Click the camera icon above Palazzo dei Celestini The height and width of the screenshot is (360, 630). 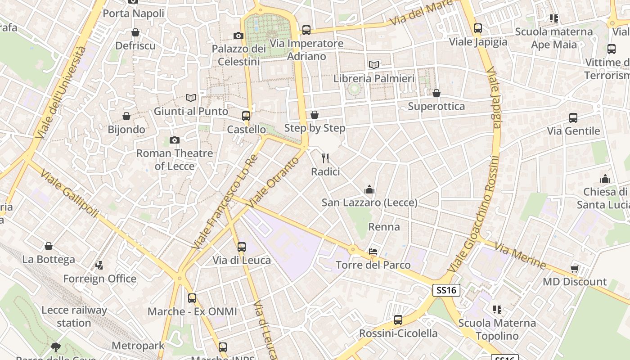(238, 36)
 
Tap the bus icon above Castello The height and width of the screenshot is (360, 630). (246, 116)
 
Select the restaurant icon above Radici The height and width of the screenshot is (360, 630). (326, 158)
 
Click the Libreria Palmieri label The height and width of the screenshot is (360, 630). (373, 78)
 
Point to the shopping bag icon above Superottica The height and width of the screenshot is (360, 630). (436, 93)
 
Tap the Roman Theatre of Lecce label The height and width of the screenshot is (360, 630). (175, 159)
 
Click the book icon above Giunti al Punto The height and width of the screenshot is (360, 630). (191, 98)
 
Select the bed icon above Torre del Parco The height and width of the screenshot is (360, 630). (373, 251)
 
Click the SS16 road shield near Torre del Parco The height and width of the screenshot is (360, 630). (446, 290)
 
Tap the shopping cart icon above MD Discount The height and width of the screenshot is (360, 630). (574, 269)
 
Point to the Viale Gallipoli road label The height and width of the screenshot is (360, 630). (68, 193)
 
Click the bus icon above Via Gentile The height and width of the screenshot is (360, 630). (573, 118)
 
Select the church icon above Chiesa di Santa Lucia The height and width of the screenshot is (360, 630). (605, 179)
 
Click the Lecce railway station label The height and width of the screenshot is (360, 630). (74, 316)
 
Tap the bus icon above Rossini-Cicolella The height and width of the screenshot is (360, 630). (398, 320)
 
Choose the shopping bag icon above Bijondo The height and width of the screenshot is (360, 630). (126, 117)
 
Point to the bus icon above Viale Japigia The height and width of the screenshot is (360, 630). (478, 28)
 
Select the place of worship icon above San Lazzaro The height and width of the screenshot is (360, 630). (369, 189)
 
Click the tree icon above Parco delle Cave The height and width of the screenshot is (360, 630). (56, 347)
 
